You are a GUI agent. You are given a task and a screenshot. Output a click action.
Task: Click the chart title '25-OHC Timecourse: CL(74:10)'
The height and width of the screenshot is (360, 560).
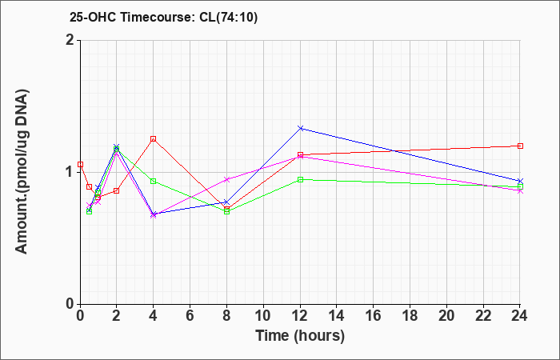point(163,17)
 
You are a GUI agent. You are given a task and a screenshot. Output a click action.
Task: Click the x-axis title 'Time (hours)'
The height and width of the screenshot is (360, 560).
point(300,336)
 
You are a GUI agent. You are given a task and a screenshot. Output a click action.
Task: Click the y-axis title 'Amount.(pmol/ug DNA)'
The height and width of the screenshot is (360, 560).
point(22,171)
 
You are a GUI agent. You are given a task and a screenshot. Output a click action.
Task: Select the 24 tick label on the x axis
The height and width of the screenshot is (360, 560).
point(520,316)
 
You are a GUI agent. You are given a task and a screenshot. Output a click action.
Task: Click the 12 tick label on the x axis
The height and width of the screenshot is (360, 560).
point(300,316)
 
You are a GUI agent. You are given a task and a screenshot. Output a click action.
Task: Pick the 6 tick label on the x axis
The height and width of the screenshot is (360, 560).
point(190,316)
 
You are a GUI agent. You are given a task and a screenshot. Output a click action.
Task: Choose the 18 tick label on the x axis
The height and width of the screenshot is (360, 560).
point(410,316)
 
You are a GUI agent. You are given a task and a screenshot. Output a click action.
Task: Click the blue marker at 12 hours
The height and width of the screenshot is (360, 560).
point(300,128)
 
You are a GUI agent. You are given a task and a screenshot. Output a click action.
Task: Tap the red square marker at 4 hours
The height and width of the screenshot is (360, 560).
point(154,138)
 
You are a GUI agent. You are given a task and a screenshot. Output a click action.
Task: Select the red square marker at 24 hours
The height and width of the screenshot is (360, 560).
point(520,146)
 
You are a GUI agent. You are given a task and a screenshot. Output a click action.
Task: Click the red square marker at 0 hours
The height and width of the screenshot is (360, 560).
point(80,164)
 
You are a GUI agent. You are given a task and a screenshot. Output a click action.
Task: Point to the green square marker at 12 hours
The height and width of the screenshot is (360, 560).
point(300,179)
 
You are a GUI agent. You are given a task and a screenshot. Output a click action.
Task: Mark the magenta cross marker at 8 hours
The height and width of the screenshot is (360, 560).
point(226,179)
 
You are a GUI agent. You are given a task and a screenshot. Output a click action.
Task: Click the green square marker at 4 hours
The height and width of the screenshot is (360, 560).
point(154,181)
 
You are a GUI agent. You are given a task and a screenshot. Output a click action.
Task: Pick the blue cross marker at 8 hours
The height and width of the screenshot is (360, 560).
point(226,202)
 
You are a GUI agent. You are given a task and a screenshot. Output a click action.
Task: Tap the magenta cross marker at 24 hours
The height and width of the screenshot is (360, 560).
point(520,191)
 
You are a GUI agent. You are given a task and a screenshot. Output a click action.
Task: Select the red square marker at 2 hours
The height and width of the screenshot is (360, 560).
point(116,190)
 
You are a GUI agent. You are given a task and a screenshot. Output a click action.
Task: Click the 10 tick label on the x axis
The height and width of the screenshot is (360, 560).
point(263,316)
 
